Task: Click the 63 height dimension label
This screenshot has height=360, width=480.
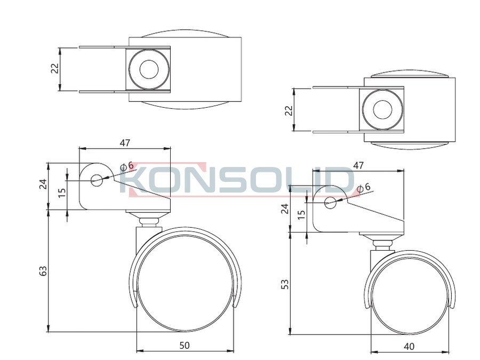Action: (44, 270)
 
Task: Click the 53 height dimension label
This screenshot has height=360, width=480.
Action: (285, 284)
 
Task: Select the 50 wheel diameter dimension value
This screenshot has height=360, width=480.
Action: (185, 345)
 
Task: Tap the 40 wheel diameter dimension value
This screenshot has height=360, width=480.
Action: (409, 346)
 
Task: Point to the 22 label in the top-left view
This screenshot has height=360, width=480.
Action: (55, 69)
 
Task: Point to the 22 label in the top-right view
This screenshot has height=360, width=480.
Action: (289, 110)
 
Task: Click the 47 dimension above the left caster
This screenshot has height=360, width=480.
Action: (125, 142)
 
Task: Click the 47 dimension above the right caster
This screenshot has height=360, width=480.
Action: (358, 165)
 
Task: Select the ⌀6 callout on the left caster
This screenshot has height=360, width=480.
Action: (127, 166)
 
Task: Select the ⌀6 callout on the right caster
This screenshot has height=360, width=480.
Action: (364, 187)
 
